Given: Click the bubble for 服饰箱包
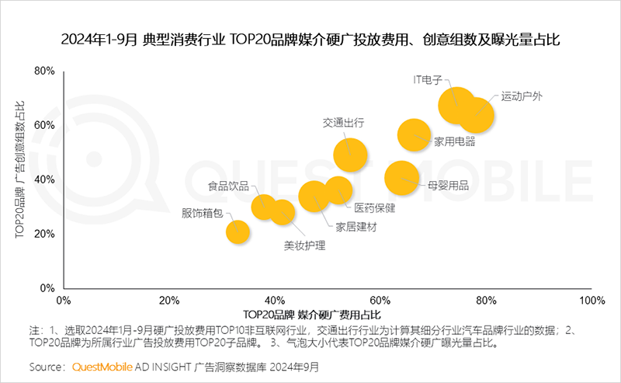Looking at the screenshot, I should [238, 232].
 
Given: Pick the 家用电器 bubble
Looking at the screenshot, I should [415, 134].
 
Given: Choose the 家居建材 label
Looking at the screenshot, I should [356, 227].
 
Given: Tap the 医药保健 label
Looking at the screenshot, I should [375, 207].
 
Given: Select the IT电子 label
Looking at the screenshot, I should [428, 79].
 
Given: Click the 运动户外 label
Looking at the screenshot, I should [522, 96].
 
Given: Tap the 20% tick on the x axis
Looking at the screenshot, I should [169, 300].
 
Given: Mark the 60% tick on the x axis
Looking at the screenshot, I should [380, 300].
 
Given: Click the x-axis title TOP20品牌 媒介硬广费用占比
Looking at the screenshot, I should [312, 314].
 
